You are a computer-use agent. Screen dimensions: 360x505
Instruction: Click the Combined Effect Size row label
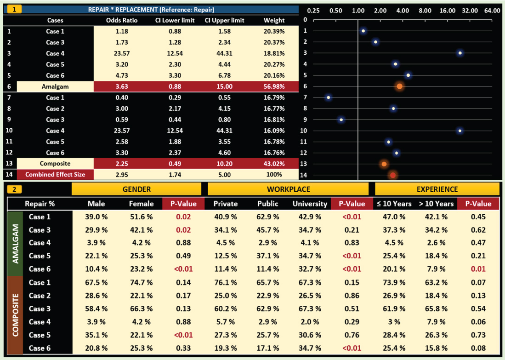(55, 175)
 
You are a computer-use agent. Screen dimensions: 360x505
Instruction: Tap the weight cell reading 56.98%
(274, 86)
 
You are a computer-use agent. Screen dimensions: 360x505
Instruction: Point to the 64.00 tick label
(492, 10)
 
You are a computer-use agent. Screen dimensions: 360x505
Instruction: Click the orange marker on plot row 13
(384, 164)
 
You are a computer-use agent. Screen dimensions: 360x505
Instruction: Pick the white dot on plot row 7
(328, 97)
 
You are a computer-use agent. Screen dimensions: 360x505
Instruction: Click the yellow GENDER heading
(136, 189)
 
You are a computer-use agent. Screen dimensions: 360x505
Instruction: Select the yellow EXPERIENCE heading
(437, 189)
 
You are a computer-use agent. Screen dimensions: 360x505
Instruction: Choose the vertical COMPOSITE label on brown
(16, 315)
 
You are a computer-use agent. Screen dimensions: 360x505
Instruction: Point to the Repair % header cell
(40, 204)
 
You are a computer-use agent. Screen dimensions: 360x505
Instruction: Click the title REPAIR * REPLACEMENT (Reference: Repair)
(151, 9)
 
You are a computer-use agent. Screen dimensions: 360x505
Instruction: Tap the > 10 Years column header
(434, 204)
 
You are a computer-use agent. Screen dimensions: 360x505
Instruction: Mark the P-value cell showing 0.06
(478, 322)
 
